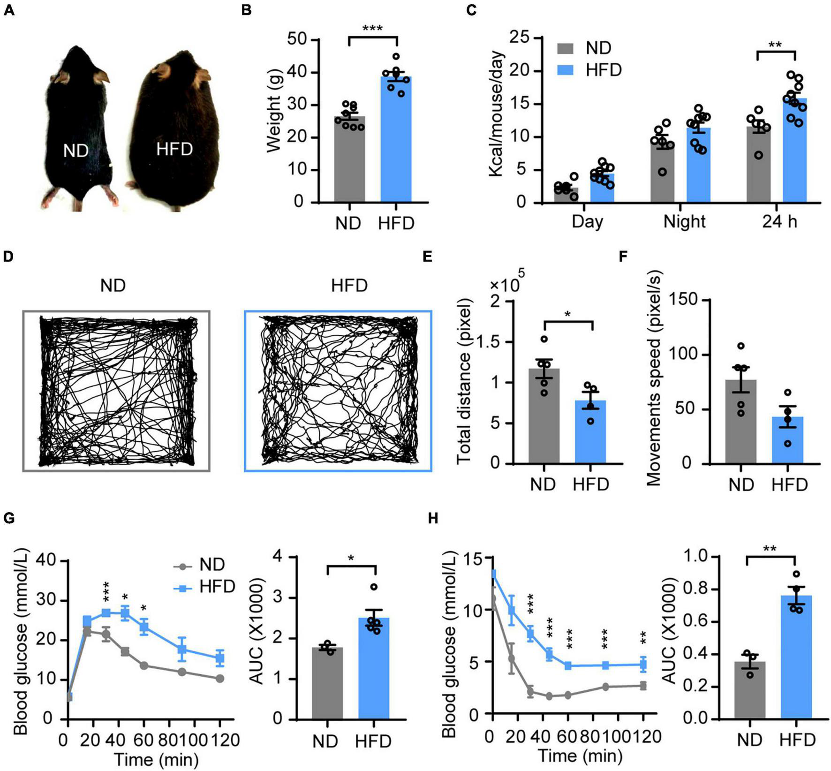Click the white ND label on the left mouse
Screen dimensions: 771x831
pyautogui.click(x=76, y=151)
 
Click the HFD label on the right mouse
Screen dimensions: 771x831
pyautogui.click(x=174, y=149)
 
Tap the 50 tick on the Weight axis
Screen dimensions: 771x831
pyautogui.click(x=298, y=40)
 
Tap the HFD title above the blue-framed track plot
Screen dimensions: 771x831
pyautogui.click(x=349, y=285)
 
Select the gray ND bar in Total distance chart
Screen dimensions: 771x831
pyautogui.click(x=544, y=422)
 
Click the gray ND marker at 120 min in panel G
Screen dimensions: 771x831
pyautogui.click(x=220, y=679)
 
